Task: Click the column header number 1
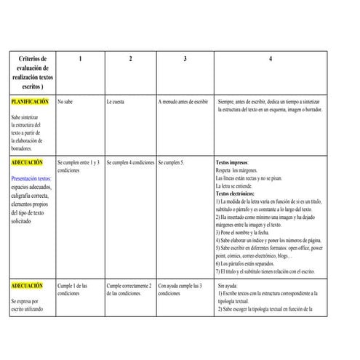pos(79,59)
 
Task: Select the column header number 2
pos(130,59)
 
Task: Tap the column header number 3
pos(185,59)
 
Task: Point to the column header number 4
pos(270,59)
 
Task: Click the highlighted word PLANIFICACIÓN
pos(30,102)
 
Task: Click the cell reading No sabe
pos(65,102)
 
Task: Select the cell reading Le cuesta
pos(115,102)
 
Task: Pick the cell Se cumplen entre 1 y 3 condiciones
pos(79,167)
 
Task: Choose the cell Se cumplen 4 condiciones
pos(130,163)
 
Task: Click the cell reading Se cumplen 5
pos(172,163)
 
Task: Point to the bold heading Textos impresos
pos(232,163)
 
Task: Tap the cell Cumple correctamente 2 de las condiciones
pos(129,290)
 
